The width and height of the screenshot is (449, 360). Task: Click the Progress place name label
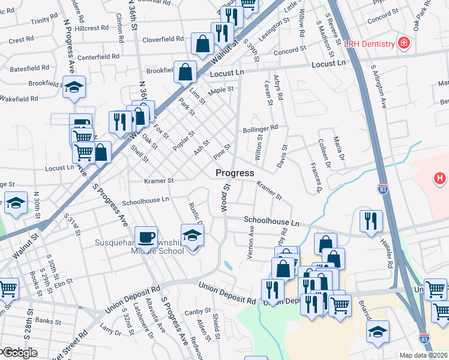[235, 173]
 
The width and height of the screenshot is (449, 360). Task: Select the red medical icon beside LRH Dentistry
[404, 43]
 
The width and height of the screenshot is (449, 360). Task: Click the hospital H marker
[440, 178]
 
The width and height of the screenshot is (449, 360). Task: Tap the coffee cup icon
[146, 236]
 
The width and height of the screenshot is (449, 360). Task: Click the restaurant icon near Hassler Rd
[371, 220]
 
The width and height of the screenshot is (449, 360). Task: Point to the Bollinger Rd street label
[260, 128]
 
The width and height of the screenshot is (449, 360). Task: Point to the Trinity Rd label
[44, 21]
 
